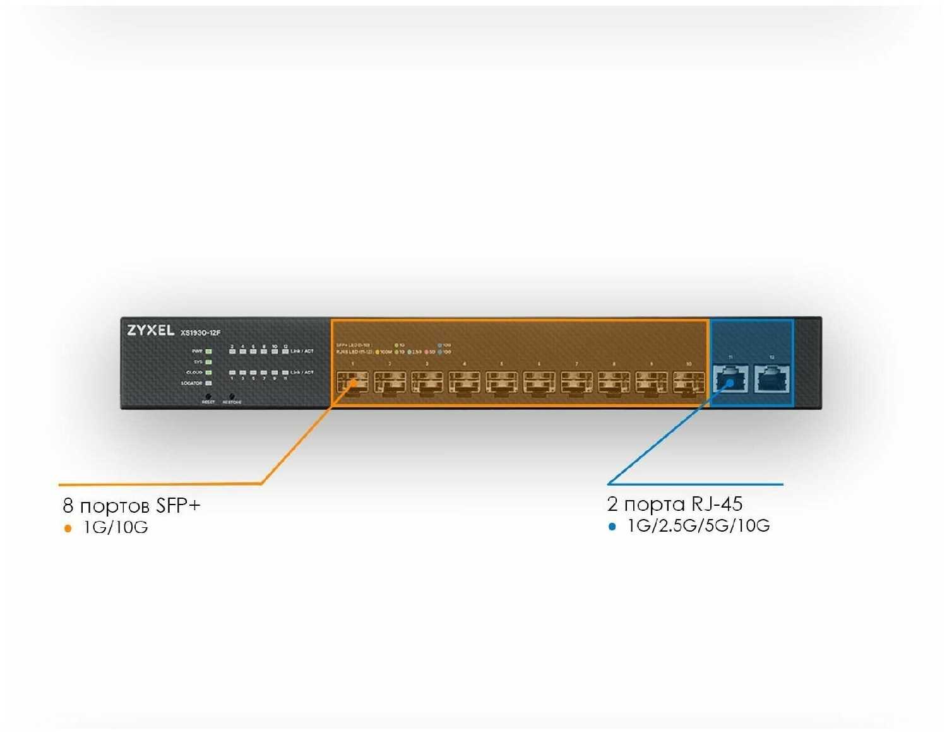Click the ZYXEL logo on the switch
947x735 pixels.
tap(150, 330)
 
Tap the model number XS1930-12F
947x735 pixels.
tap(201, 333)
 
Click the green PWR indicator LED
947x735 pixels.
tap(208, 351)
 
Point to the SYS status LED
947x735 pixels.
tap(208, 362)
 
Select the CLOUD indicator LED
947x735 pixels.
tap(208, 373)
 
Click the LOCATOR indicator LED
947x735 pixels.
tap(208, 383)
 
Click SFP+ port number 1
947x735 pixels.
tap(352, 382)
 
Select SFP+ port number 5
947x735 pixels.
tap(502, 382)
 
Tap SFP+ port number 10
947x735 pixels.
tap(688, 382)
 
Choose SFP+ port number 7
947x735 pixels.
tap(576, 382)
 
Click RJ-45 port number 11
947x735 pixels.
tap(730, 380)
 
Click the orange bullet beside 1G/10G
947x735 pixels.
tap(68, 529)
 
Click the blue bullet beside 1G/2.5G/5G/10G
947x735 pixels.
tap(611, 527)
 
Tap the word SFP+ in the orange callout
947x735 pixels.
tap(178, 505)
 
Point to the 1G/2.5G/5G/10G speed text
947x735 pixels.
tap(698, 526)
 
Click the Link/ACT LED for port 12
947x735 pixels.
tap(285, 351)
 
